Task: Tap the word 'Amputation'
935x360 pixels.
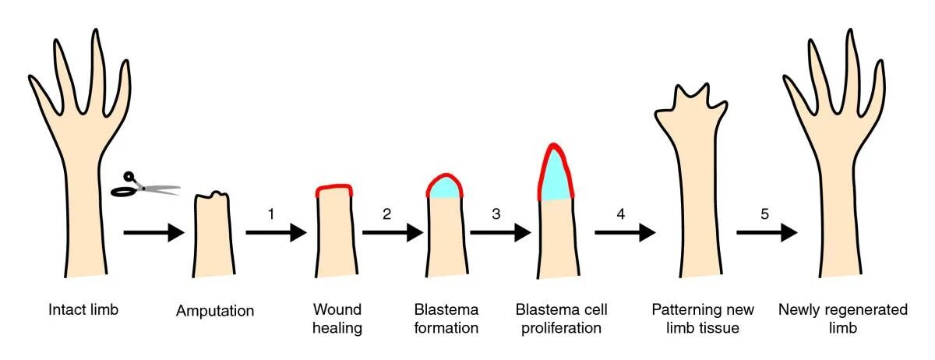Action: [215, 311]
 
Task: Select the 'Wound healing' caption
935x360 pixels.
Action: [337, 319]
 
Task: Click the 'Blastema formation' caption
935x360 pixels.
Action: [446, 319]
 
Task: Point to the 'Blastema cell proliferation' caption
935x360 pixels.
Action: [561, 319]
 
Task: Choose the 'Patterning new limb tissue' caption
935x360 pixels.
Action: [695, 319]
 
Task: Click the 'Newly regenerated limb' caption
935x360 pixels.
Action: [843, 319]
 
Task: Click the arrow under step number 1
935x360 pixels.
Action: [275, 232]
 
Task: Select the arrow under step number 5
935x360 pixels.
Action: [767, 232]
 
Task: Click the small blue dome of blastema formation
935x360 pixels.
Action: [445, 188]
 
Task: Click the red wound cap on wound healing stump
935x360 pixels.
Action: [334, 189]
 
